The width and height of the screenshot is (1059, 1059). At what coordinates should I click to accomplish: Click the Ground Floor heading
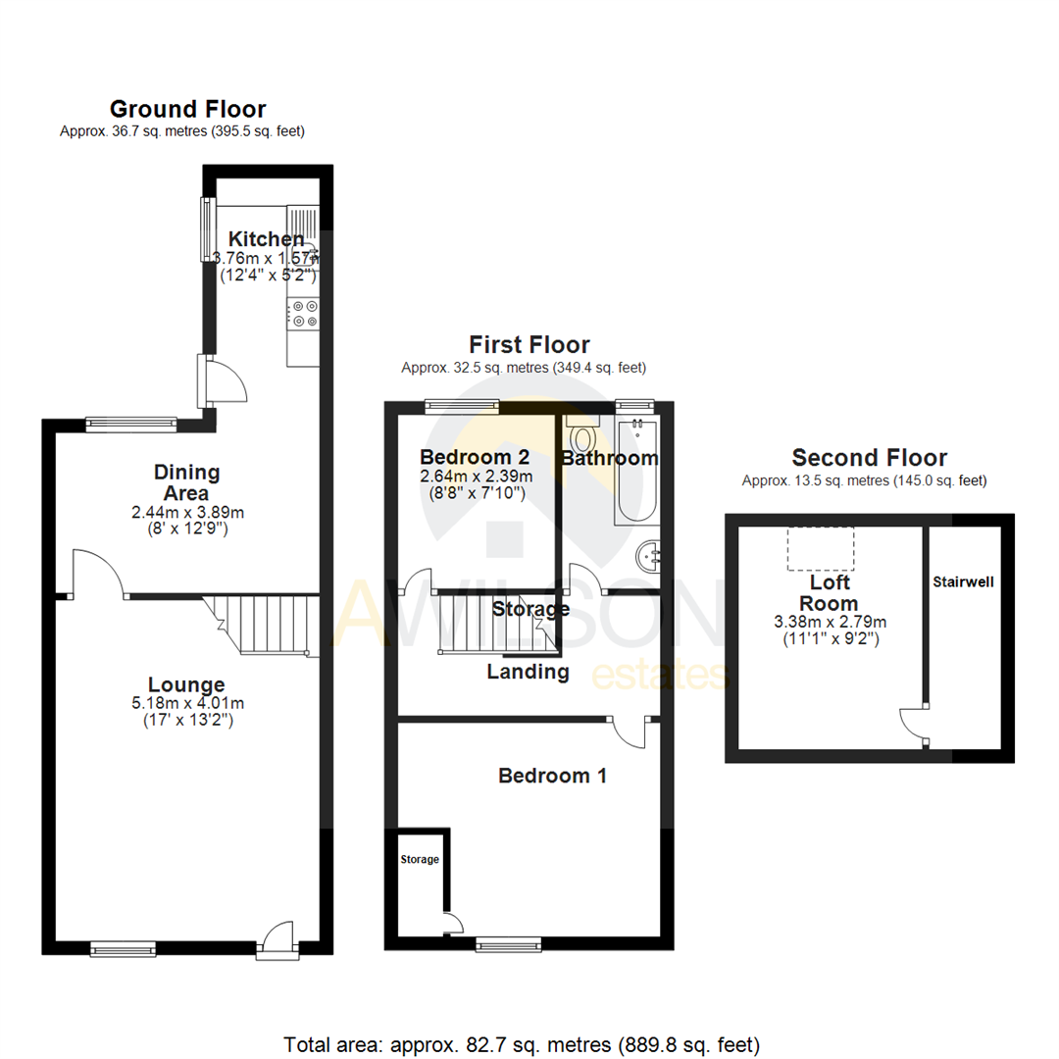[x=187, y=109]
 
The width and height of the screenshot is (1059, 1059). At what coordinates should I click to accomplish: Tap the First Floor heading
[x=529, y=344]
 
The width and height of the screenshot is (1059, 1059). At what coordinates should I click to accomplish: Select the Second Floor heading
[x=869, y=458]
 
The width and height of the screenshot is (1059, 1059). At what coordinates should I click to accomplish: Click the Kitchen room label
[x=266, y=238]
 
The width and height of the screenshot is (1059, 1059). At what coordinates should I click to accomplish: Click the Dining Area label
[x=186, y=482]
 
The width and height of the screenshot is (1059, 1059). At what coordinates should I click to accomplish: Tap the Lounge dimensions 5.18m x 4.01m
[x=186, y=703]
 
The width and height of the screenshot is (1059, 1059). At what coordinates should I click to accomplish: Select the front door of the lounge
[x=277, y=937]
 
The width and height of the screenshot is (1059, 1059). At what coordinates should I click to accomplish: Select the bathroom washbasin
[x=650, y=557]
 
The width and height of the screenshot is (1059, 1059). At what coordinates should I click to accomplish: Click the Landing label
[x=529, y=672]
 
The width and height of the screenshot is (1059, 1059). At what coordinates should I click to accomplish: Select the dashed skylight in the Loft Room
[x=821, y=548]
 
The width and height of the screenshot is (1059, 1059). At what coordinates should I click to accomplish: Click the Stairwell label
[x=963, y=581]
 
